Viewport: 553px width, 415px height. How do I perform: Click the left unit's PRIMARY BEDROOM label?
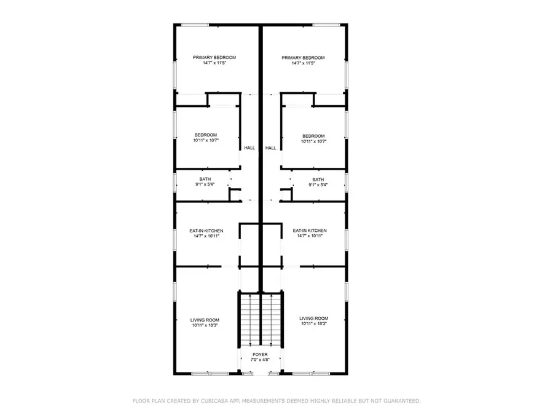tap(214, 58)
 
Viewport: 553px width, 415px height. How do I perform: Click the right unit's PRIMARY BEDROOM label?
tap(303, 58)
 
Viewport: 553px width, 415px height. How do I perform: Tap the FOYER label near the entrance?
tap(261, 355)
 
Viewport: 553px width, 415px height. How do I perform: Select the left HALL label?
tap(249, 148)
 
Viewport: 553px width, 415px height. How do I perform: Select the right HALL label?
tap(271, 148)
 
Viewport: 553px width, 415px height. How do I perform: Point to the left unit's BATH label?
tap(205, 180)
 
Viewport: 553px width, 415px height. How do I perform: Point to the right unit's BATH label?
tap(318, 180)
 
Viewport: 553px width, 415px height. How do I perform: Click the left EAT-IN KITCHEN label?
tap(206, 231)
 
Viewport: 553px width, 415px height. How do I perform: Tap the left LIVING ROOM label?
tap(205, 320)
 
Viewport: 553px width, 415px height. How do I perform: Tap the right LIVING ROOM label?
tap(313, 318)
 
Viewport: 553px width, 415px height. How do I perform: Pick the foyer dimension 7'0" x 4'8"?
tap(261, 361)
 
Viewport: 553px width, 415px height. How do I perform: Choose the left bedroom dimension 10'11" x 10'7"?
tap(206, 141)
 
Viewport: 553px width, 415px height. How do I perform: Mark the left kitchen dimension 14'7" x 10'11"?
tap(206, 236)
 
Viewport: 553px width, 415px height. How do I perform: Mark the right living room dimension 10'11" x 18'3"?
tap(313, 324)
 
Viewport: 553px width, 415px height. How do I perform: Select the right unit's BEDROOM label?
tap(313, 136)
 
